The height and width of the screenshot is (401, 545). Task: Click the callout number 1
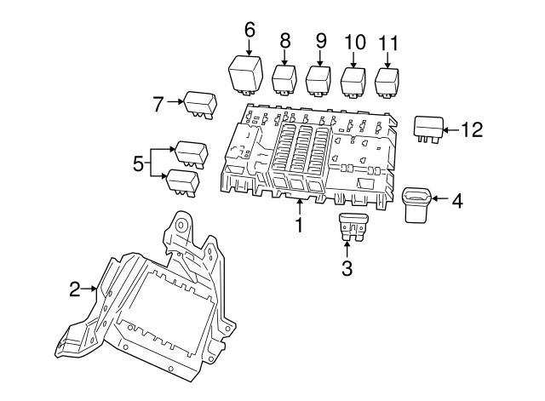pos(299,225)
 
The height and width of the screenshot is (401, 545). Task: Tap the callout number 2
pos(75,290)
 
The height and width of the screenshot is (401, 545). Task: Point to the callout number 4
pos(456,201)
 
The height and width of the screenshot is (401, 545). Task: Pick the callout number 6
pos(250,29)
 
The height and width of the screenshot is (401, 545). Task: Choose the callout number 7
pos(158,104)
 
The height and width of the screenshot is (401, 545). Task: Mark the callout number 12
pos(471,129)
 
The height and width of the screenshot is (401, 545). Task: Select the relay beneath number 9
pos(319,81)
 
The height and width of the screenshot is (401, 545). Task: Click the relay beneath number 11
pos(388,82)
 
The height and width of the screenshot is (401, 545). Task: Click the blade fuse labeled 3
pos(351,227)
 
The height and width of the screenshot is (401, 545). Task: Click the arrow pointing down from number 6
pos(250,46)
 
